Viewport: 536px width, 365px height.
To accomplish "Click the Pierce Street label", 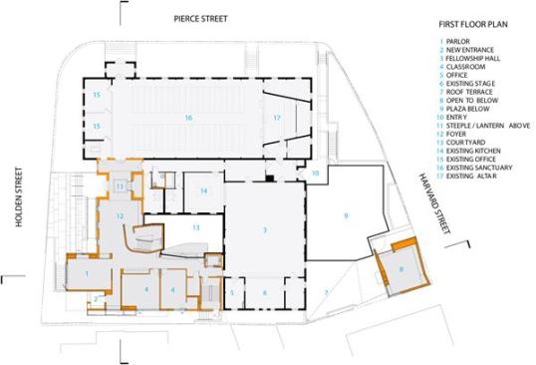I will click(199, 19).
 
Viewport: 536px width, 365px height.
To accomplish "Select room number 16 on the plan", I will click(186, 118).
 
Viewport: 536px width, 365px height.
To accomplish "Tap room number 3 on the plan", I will click(265, 230).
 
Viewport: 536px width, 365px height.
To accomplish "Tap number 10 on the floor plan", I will click(315, 174).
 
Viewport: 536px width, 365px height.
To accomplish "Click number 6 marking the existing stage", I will click(265, 292).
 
